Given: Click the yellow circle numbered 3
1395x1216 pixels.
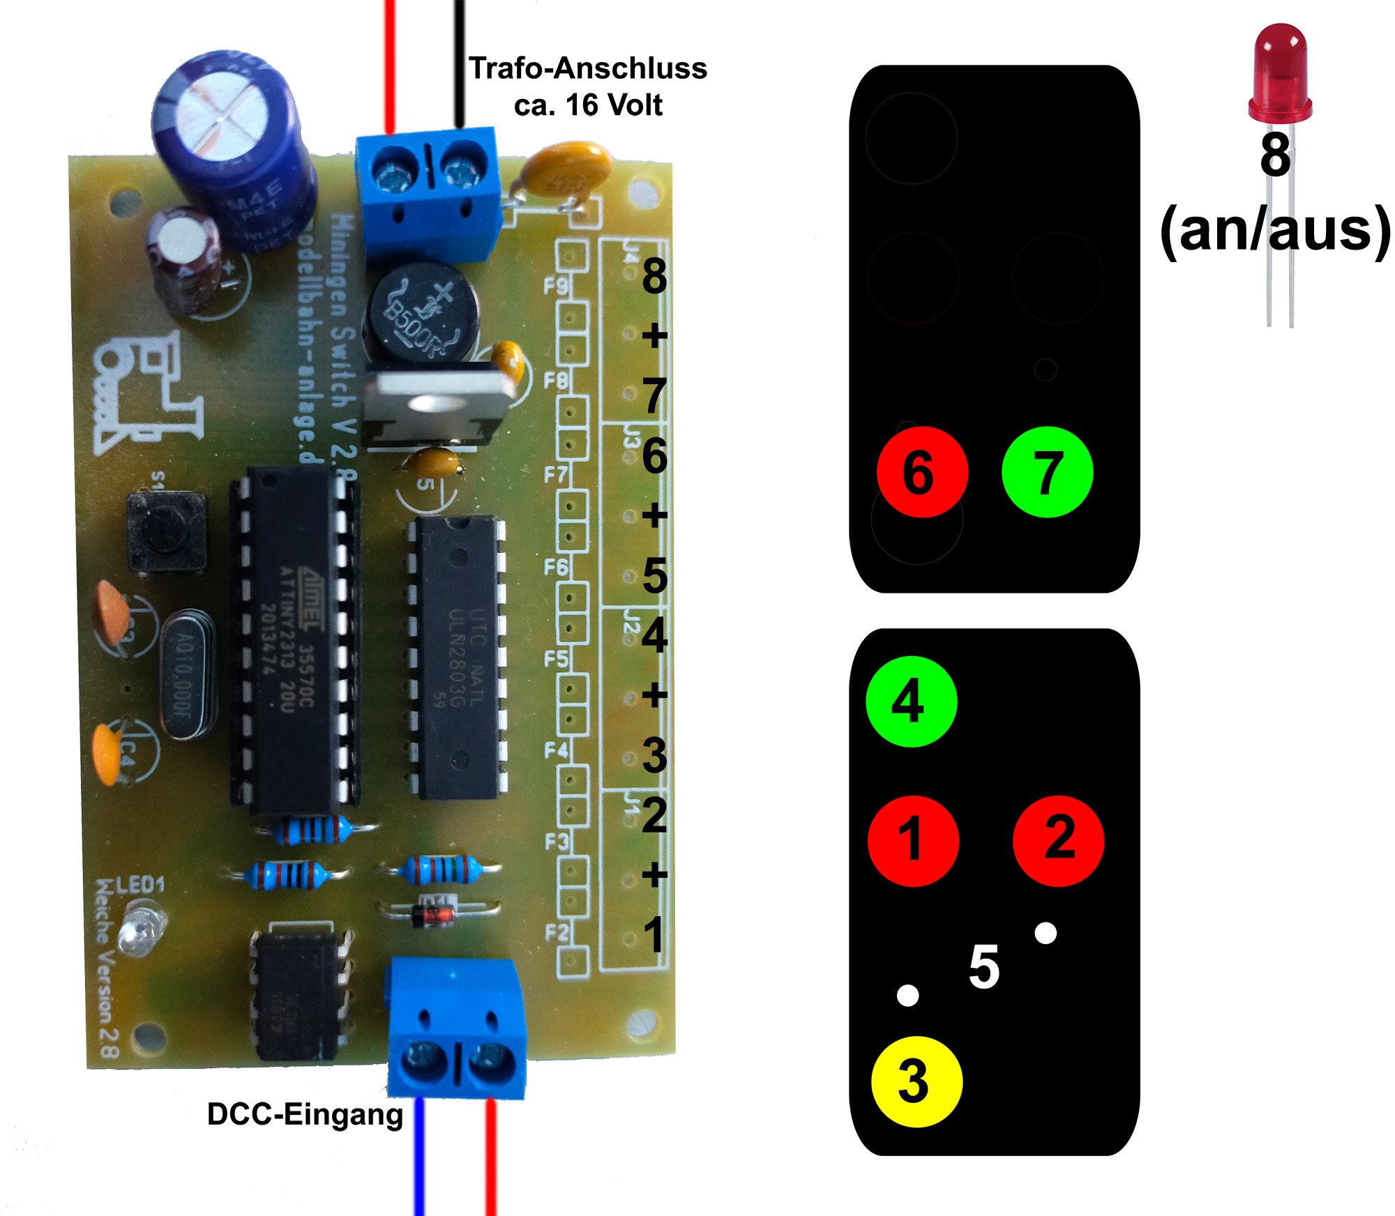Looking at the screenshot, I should point(917,1081).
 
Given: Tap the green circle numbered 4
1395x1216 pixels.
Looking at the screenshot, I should point(911,701).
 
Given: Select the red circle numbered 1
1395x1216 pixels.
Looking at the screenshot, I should point(913,841).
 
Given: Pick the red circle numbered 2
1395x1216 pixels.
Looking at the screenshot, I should point(1058,841).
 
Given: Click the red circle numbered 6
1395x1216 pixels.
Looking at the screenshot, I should point(922,472).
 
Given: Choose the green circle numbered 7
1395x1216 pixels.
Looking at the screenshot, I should point(1047,472).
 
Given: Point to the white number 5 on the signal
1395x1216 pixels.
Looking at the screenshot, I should point(984,966).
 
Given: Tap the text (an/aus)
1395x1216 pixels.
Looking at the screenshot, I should point(1275,230).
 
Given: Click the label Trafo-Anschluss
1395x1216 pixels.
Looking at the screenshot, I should point(587,68).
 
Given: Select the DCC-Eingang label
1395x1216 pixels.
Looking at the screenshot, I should point(305,1114).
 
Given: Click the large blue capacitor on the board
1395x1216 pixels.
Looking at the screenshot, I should point(230,146).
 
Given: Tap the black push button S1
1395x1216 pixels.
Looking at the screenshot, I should point(166,531).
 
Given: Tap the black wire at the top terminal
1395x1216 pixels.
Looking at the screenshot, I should point(459,63).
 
